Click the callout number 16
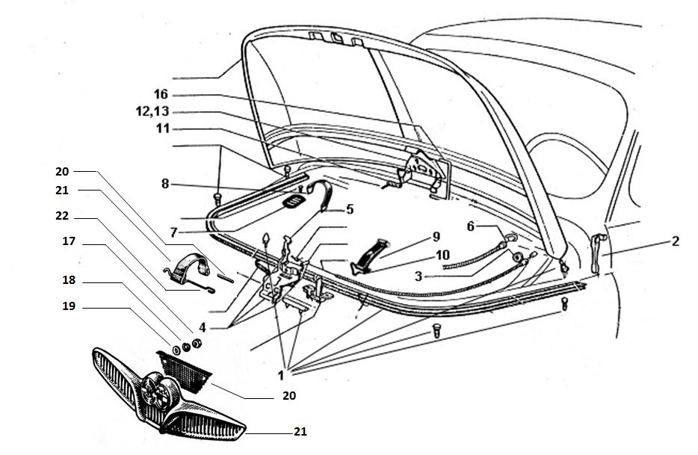click(161, 95)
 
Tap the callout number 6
click(471, 226)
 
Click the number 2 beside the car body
click(675, 241)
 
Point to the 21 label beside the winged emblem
click(299, 432)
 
